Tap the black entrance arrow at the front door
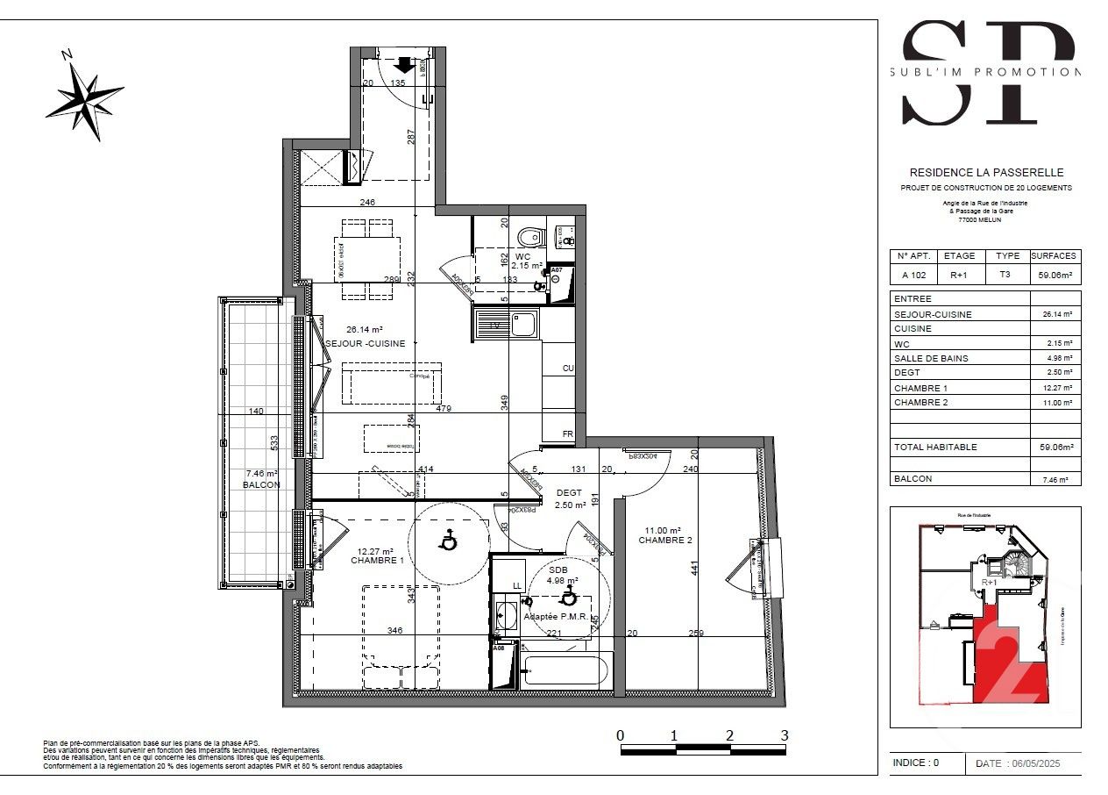click(x=404, y=64)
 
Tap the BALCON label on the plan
click(x=262, y=484)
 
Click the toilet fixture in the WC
click(x=529, y=237)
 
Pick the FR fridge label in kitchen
click(x=568, y=433)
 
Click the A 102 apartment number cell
click(x=914, y=274)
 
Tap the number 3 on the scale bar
click(x=785, y=735)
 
